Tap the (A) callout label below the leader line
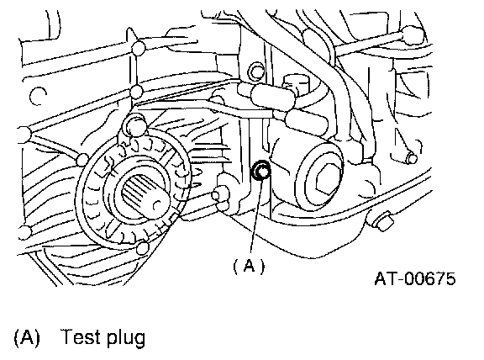pyautogui.click(x=249, y=266)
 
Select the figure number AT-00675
pyautogui.click(x=414, y=278)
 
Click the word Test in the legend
pyautogui.click(x=82, y=336)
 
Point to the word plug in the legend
pyautogui.click(x=126, y=338)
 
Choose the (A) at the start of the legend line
pyautogui.click(x=27, y=336)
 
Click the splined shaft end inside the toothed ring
pyautogui.click(x=143, y=196)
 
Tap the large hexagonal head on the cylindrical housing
pyautogui.click(x=328, y=181)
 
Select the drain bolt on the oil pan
pyautogui.click(x=380, y=220)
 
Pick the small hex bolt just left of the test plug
pyautogui.click(x=220, y=194)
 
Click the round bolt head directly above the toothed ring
pyautogui.click(x=135, y=124)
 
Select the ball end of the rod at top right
pyautogui.click(x=412, y=34)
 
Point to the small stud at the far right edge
pyautogui.click(x=412, y=158)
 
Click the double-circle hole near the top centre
pyautogui.click(x=256, y=71)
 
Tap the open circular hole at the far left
pyautogui.click(x=39, y=96)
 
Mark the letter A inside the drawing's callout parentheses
pyautogui.click(x=249, y=265)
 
